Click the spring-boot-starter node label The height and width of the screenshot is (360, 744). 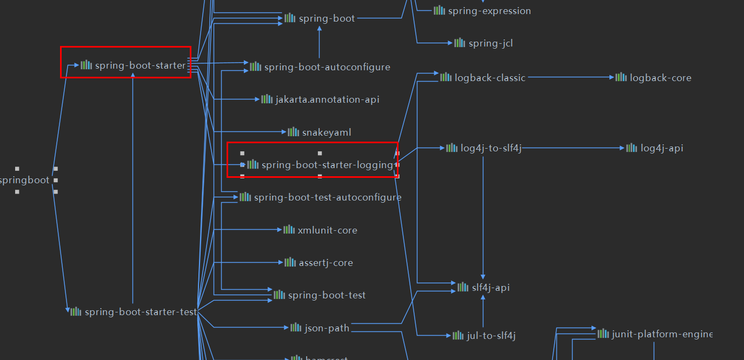pos(140,66)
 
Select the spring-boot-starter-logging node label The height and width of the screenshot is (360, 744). pos(327,165)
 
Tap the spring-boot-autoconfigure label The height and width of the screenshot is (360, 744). pos(327,67)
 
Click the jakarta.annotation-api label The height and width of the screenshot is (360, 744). pos(327,99)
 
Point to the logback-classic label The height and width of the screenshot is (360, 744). pos(490,78)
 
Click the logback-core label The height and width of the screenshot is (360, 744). pos(660,78)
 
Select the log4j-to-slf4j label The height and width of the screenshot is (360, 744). pos(491,148)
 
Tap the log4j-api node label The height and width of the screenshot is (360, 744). pos(662,148)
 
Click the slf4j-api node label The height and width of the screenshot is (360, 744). pos(490,288)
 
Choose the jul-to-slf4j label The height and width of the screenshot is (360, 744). pos(491,336)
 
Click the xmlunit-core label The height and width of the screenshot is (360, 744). pos(327,230)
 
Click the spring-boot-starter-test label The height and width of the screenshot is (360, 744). pos(141,312)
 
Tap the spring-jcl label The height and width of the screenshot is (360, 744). pos(490,43)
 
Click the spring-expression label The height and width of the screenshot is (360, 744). pos(489,11)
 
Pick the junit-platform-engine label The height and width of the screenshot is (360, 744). pos(662,334)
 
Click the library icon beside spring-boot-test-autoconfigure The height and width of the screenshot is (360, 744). pos(245,197)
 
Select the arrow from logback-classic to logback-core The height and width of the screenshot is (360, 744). pos(570,77)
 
